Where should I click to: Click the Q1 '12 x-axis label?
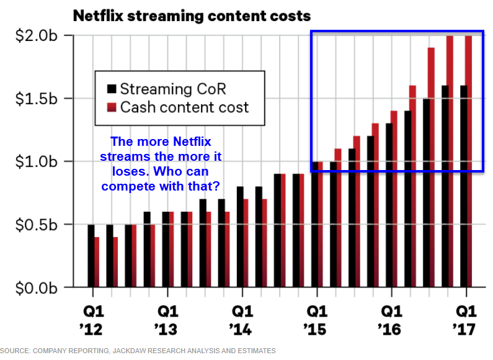point(93,317)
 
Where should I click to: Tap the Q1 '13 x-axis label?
point(167,317)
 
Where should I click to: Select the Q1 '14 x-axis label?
point(242,317)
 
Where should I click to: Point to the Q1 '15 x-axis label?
point(316,317)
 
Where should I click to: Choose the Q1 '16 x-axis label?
point(391,317)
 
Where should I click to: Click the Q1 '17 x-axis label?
point(465,317)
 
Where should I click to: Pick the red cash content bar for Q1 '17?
point(469,161)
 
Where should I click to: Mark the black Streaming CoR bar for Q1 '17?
point(463,186)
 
